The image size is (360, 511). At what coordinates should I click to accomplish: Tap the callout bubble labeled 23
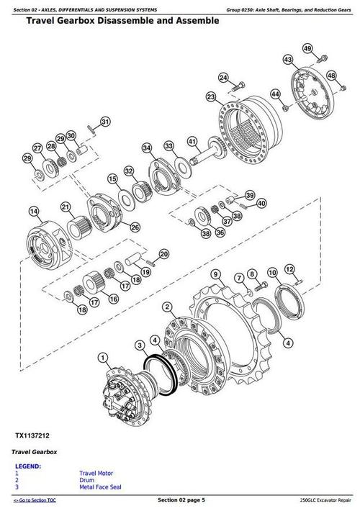tap(210, 96)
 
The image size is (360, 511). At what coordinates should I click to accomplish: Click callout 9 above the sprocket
tap(215, 274)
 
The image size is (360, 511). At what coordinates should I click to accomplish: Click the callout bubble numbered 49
tap(307, 48)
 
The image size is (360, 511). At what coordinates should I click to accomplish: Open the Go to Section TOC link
tap(37, 499)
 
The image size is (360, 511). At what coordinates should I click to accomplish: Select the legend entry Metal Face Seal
tap(101, 485)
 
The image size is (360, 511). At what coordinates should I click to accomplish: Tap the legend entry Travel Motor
tap(96, 472)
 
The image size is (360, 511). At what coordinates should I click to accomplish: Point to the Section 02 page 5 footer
tap(181, 499)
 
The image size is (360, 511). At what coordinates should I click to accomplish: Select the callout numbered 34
tap(147, 148)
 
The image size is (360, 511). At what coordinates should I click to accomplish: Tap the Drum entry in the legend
tap(87, 479)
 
